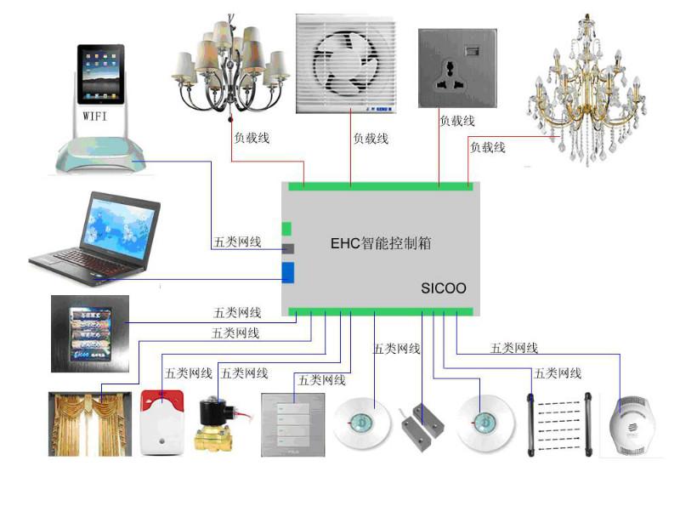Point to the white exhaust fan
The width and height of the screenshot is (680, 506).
pyautogui.click(x=348, y=63)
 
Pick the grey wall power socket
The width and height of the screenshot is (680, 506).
pyautogui.click(x=457, y=68)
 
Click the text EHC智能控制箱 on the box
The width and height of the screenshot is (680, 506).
pyautogui.click(x=381, y=243)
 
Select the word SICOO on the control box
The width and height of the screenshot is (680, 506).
pyautogui.click(x=444, y=289)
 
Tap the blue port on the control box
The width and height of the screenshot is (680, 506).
pyautogui.click(x=287, y=272)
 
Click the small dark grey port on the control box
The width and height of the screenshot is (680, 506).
pyautogui.click(x=287, y=249)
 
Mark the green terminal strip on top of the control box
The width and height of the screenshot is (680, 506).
pyautogui.click(x=381, y=185)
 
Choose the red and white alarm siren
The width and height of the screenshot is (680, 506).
pyautogui.click(x=161, y=422)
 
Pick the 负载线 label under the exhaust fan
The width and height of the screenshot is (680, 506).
pyautogui.click(x=371, y=138)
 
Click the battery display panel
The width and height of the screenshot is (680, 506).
pyautogui.click(x=90, y=333)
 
